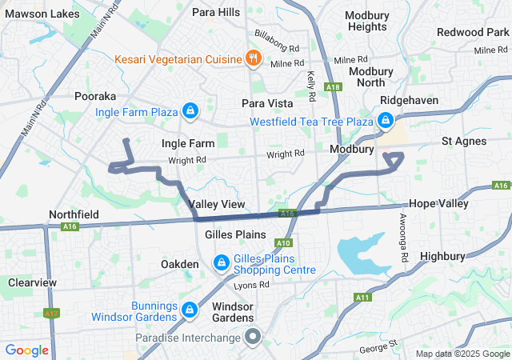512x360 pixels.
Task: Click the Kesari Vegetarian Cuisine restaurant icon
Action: [254, 58]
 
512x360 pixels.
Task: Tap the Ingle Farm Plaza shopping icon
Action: [190, 110]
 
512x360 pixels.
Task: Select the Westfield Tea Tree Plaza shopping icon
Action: [386, 121]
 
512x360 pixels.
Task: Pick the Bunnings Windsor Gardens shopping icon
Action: [190, 309]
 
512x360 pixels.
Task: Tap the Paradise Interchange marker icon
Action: [254, 337]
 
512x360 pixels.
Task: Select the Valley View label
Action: [218, 205]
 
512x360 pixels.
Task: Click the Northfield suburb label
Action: [74, 215]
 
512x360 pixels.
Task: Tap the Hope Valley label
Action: [438, 204]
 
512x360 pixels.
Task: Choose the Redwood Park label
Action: [472, 32]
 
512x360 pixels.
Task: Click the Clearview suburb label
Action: [33, 282]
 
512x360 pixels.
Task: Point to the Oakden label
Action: [179, 264]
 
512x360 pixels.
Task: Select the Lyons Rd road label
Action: [252, 286]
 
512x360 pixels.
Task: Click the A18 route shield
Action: [334, 87]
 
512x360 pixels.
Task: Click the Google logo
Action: [27, 350]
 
